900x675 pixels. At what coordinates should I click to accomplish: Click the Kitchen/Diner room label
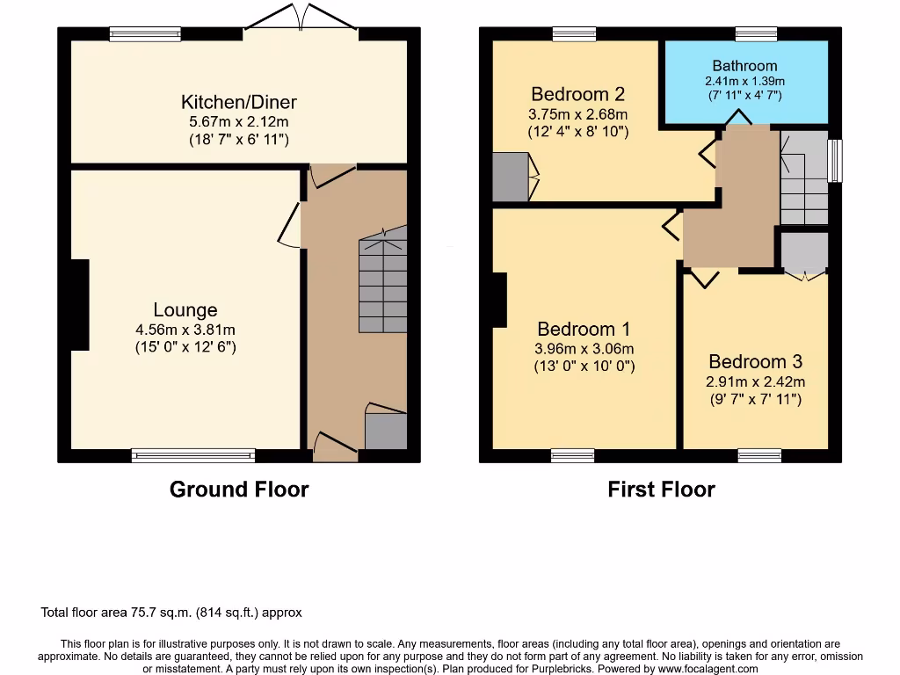click(239, 101)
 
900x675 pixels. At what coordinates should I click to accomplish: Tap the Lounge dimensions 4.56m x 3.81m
click(185, 330)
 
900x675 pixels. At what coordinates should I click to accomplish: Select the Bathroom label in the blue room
click(744, 66)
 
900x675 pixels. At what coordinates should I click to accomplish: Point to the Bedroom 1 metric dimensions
click(584, 349)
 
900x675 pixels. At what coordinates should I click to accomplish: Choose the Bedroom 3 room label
click(755, 361)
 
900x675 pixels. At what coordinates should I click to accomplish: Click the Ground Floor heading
click(238, 490)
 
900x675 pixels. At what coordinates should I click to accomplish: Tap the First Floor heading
click(661, 490)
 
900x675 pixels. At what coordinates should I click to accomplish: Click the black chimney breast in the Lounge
click(79, 305)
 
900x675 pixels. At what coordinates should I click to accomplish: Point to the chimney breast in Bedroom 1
click(499, 300)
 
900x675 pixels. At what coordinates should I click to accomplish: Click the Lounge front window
click(193, 455)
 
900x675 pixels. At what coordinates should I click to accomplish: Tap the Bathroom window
click(756, 34)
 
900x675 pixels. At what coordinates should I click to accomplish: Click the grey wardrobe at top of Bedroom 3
click(803, 252)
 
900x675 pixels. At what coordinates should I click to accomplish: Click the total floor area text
click(171, 613)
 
